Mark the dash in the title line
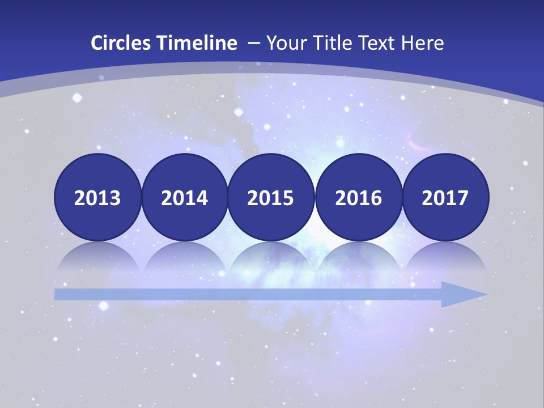tap(254, 44)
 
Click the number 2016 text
tap(358, 198)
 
